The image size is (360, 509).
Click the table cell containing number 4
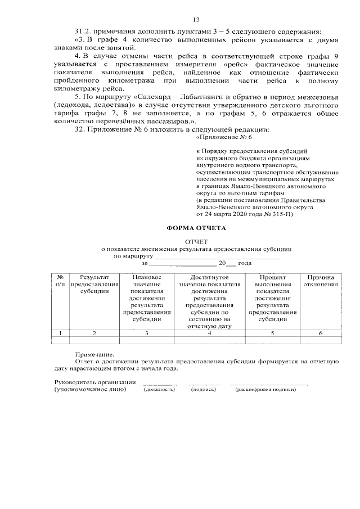(209, 334)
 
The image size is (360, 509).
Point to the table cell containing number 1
(60, 334)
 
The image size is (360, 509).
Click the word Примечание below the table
(93, 354)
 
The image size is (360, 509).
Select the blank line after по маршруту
(217, 256)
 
